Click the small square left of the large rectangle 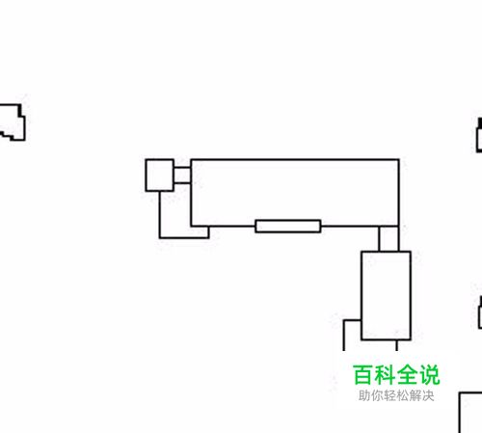[x=160, y=176]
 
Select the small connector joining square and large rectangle [x=182, y=176]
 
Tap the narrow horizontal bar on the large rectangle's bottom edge [x=288, y=226]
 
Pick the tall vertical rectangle [x=386, y=295]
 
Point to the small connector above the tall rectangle [x=388, y=238]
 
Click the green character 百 [x=363, y=375]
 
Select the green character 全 [x=407, y=375]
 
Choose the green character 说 [x=429, y=375]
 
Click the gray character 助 [x=364, y=395]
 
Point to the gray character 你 [x=377, y=395]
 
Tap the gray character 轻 [x=389, y=395]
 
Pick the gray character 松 [x=403, y=395]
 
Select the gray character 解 [x=415, y=395]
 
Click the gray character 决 [x=428, y=395]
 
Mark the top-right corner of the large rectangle [x=399, y=159]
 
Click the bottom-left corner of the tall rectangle [x=361, y=339]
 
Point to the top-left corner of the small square [x=146, y=160]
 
